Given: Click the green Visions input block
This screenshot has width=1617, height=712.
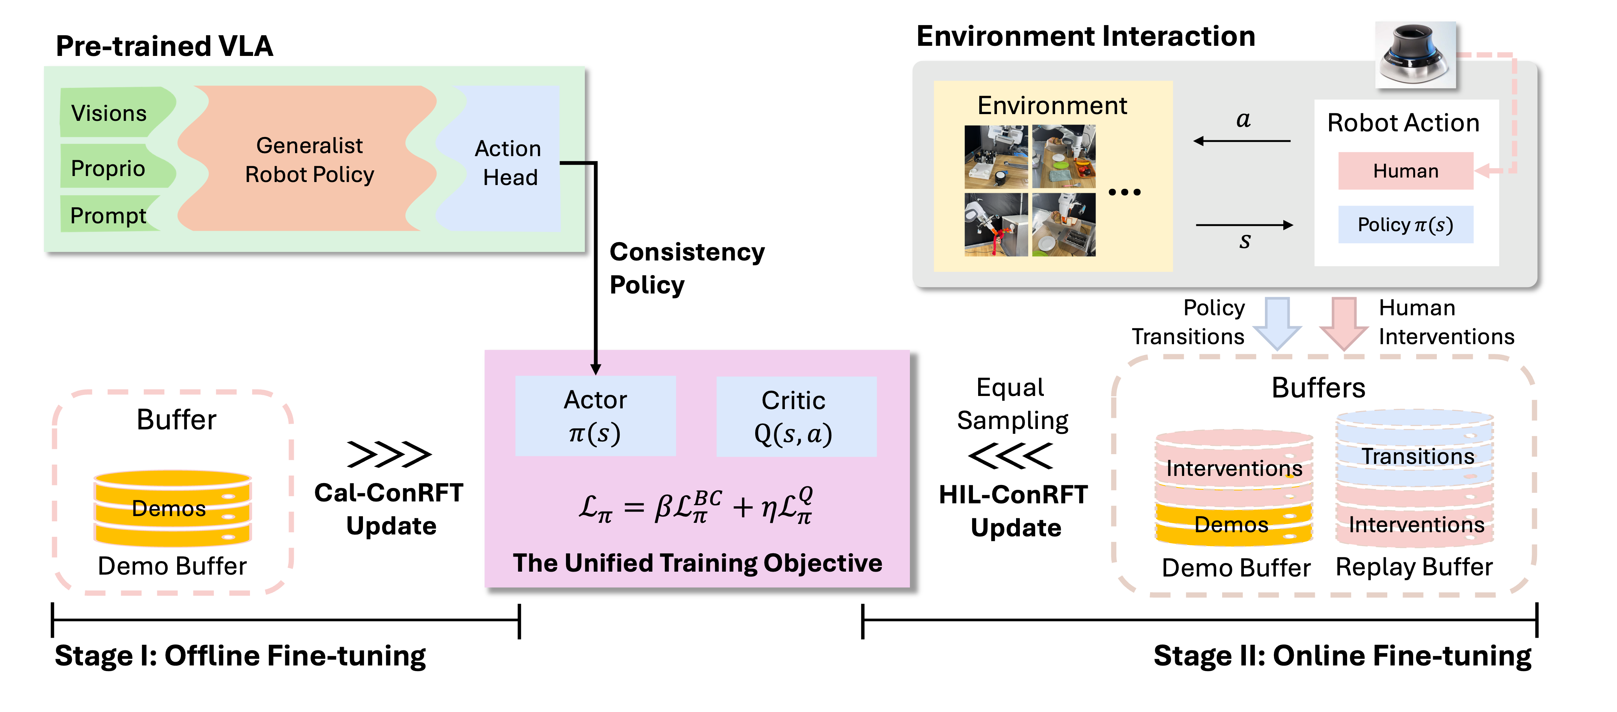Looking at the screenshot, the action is [116, 112].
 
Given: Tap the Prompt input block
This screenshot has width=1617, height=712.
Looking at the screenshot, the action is [110, 214].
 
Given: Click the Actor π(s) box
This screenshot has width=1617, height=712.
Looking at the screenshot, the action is [595, 415].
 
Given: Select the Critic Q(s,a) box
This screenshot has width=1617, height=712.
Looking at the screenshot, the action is [796, 415].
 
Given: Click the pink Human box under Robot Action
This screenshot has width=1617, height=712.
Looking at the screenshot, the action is [1405, 171].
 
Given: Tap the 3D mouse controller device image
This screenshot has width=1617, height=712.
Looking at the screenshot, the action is [1415, 55].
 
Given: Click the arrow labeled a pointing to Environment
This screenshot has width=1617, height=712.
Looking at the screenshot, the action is [1242, 141].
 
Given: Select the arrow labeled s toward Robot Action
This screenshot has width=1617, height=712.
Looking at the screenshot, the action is [1245, 225].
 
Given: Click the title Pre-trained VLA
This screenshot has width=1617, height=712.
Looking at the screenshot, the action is [164, 47].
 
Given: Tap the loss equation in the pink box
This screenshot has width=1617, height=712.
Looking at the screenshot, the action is [696, 506].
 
